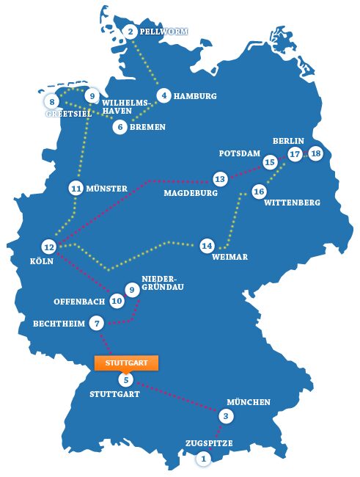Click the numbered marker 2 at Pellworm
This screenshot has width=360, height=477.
(131, 32)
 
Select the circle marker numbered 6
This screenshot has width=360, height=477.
(120, 127)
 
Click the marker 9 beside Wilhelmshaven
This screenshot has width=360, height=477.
(91, 96)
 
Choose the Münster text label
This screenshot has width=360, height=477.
(107, 189)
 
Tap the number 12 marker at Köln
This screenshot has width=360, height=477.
(49, 247)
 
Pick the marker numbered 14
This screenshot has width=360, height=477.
(207, 245)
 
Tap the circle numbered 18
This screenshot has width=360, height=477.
(316, 154)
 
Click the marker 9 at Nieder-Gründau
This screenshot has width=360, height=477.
(132, 290)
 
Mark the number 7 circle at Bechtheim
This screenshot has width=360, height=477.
(97, 323)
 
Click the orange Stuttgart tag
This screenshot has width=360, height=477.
(127, 363)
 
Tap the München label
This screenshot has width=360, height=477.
(249, 402)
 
